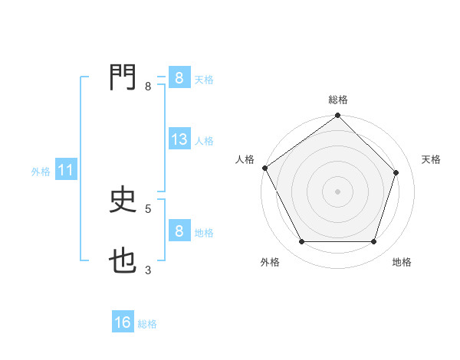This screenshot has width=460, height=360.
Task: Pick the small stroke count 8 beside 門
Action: pos(148,87)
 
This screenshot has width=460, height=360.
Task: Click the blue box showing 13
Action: pos(179,139)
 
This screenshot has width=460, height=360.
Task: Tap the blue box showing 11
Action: pos(65,171)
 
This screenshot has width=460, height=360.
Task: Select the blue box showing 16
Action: pos(123,323)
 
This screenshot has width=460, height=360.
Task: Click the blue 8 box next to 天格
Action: pos(179,78)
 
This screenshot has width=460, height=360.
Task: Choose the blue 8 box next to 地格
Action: pos(179,231)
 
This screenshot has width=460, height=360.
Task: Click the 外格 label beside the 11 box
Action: pos(41,172)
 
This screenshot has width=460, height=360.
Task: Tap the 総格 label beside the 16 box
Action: pos(147,324)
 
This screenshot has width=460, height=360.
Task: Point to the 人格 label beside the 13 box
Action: pos(204,141)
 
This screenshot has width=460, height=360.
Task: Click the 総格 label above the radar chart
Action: pos(338,100)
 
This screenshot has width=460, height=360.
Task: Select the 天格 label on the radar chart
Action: pos(432,159)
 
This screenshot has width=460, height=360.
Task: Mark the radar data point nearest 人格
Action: pos(265,168)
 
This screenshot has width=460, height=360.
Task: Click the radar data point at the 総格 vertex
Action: pos(337,116)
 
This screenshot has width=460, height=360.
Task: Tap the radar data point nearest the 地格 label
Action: pos(373,242)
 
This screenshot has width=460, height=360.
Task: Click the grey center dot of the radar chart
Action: pos(337,191)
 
